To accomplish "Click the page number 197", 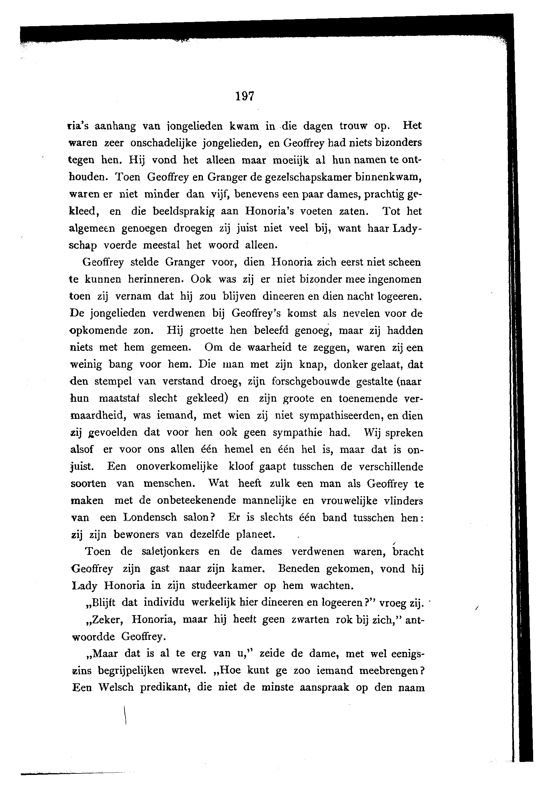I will [x=245, y=96].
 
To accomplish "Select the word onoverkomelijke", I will [x=177, y=466].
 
